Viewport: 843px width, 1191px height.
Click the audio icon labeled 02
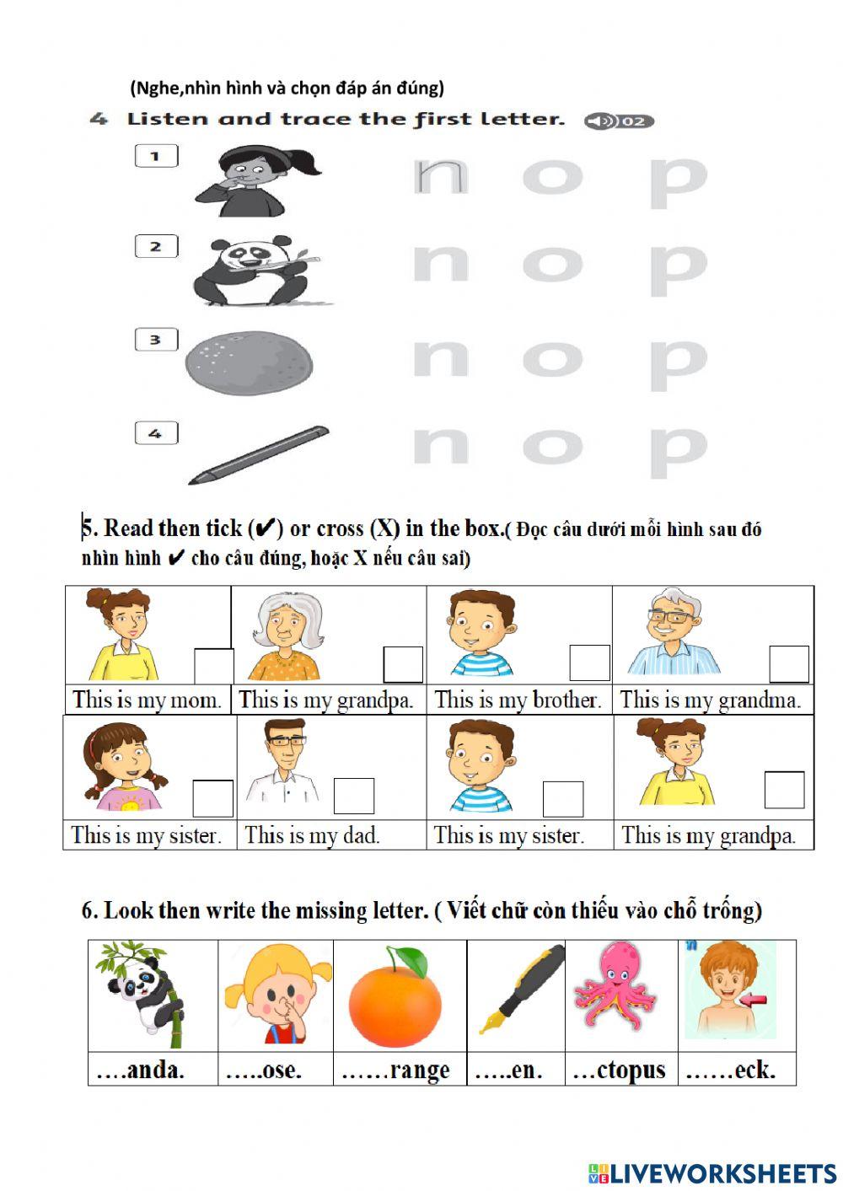tap(619, 121)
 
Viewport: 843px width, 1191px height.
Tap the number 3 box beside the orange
tap(156, 340)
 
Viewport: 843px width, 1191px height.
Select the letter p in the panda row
tap(678, 267)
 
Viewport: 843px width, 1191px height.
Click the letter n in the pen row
tap(440, 444)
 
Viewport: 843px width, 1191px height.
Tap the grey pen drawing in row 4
tap(259, 455)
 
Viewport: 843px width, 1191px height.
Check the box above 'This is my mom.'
tap(214, 666)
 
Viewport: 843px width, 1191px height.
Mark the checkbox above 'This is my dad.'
tap(353, 797)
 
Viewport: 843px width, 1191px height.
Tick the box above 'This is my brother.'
tap(589, 663)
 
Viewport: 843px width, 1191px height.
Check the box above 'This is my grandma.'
tap(789, 664)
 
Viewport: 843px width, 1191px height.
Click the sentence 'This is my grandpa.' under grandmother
tap(326, 700)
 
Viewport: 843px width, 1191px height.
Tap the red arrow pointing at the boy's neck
tap(754, 1001)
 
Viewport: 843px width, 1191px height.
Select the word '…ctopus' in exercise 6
tap(619, 1070)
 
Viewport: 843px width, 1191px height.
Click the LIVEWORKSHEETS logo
tap(712, 1172)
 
